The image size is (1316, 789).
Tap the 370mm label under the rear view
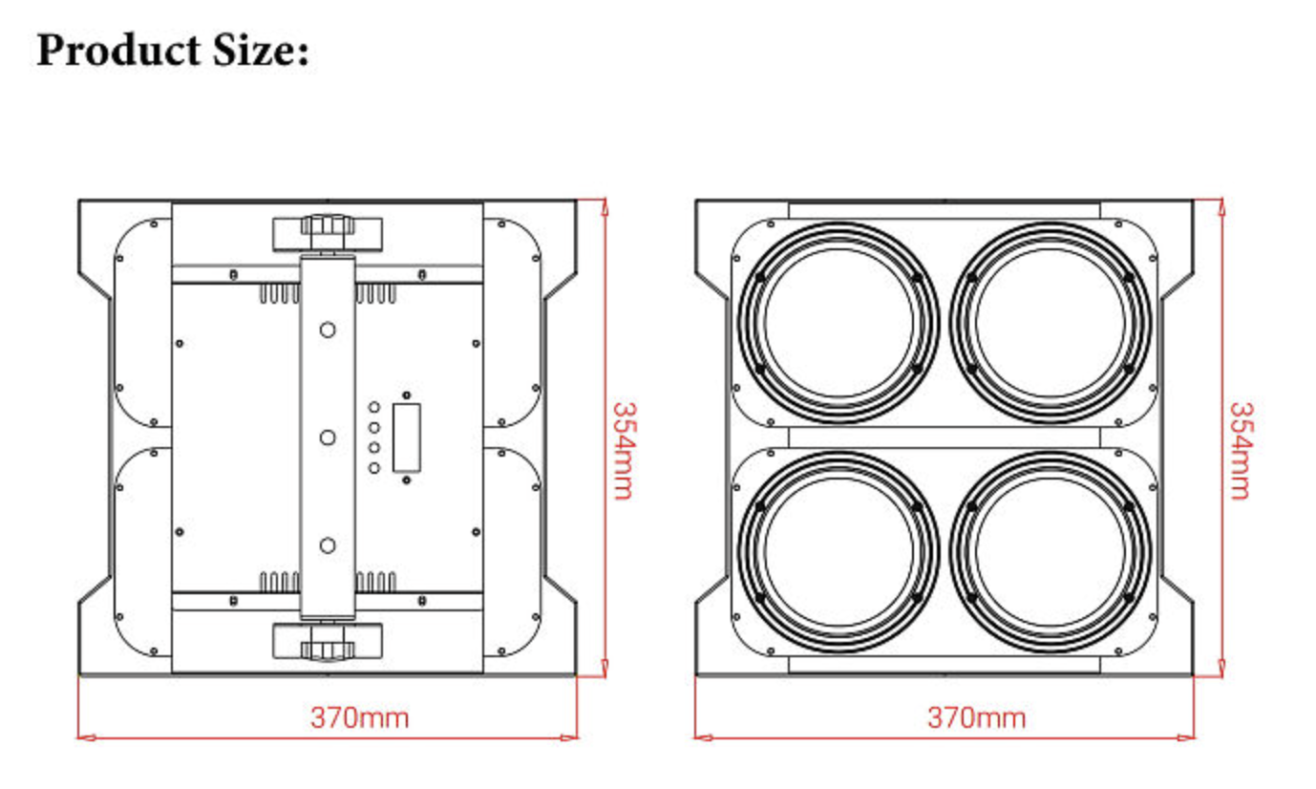359,717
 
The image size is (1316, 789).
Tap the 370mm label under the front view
976,717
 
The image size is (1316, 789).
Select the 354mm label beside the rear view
622,450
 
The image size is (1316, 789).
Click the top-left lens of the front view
838,323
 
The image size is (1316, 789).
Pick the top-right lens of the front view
1051,323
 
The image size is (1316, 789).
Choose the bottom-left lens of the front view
838,552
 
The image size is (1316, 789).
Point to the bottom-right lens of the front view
1051,552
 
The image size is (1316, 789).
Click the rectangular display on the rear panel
407,437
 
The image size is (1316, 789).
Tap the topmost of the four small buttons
374,407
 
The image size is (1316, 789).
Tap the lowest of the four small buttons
374,468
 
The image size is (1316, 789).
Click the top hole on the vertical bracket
328,330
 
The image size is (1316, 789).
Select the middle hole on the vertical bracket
328,437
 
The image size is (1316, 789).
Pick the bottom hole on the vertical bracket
328,545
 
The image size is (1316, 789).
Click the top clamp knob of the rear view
328,229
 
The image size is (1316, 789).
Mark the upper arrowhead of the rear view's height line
605,206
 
